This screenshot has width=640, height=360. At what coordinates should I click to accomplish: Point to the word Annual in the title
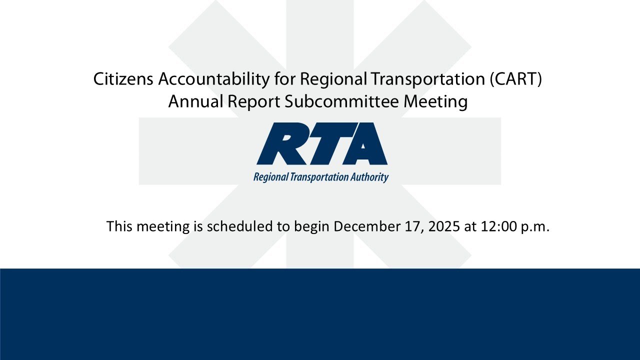pos(195,101)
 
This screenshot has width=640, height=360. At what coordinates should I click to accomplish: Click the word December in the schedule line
pos(366,226)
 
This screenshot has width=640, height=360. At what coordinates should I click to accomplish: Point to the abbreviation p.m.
pos(535,226)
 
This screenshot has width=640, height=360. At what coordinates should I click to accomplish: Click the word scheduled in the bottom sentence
pos(240,226)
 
